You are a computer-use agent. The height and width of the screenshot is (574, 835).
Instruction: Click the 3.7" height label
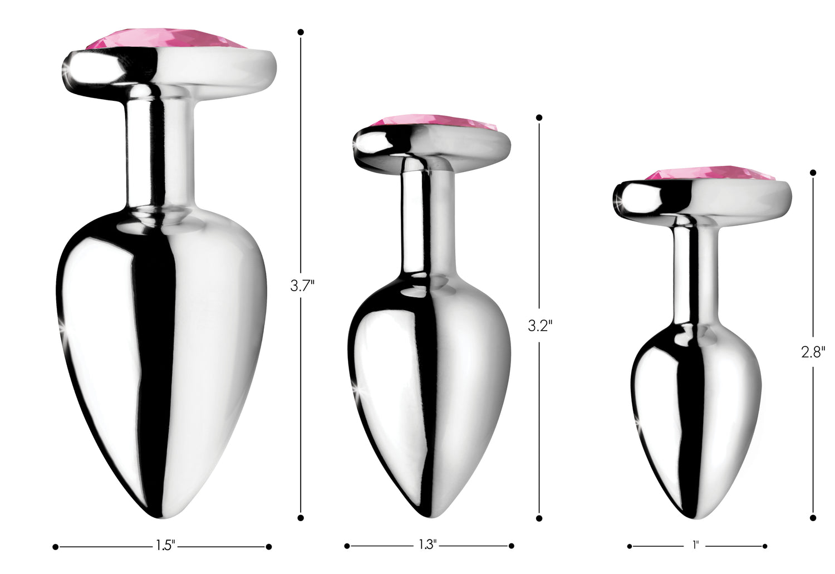[302, 286]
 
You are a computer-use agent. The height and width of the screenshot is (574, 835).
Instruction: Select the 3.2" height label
[539, 325]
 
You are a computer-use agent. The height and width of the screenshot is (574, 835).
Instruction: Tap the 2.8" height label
[813, 352]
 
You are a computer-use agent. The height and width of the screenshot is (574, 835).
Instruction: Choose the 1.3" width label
[428, 545]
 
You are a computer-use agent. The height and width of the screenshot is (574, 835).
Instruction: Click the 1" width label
[695, 546]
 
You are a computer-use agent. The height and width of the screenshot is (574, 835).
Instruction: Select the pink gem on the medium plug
[433, 123]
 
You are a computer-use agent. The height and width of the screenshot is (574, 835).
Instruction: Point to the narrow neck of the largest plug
[160, 150]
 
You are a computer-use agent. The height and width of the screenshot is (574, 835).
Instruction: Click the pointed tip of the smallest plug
[694, 516]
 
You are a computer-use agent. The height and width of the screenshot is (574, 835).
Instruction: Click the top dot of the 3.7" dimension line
[301, 32]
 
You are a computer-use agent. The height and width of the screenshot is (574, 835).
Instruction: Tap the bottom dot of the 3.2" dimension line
[539, 518]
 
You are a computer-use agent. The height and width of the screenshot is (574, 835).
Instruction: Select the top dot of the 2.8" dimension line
[813, 173]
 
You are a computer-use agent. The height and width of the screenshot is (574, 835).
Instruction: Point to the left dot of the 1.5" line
[55, 547]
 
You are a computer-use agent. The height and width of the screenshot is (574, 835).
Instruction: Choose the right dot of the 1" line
[765, 546]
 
